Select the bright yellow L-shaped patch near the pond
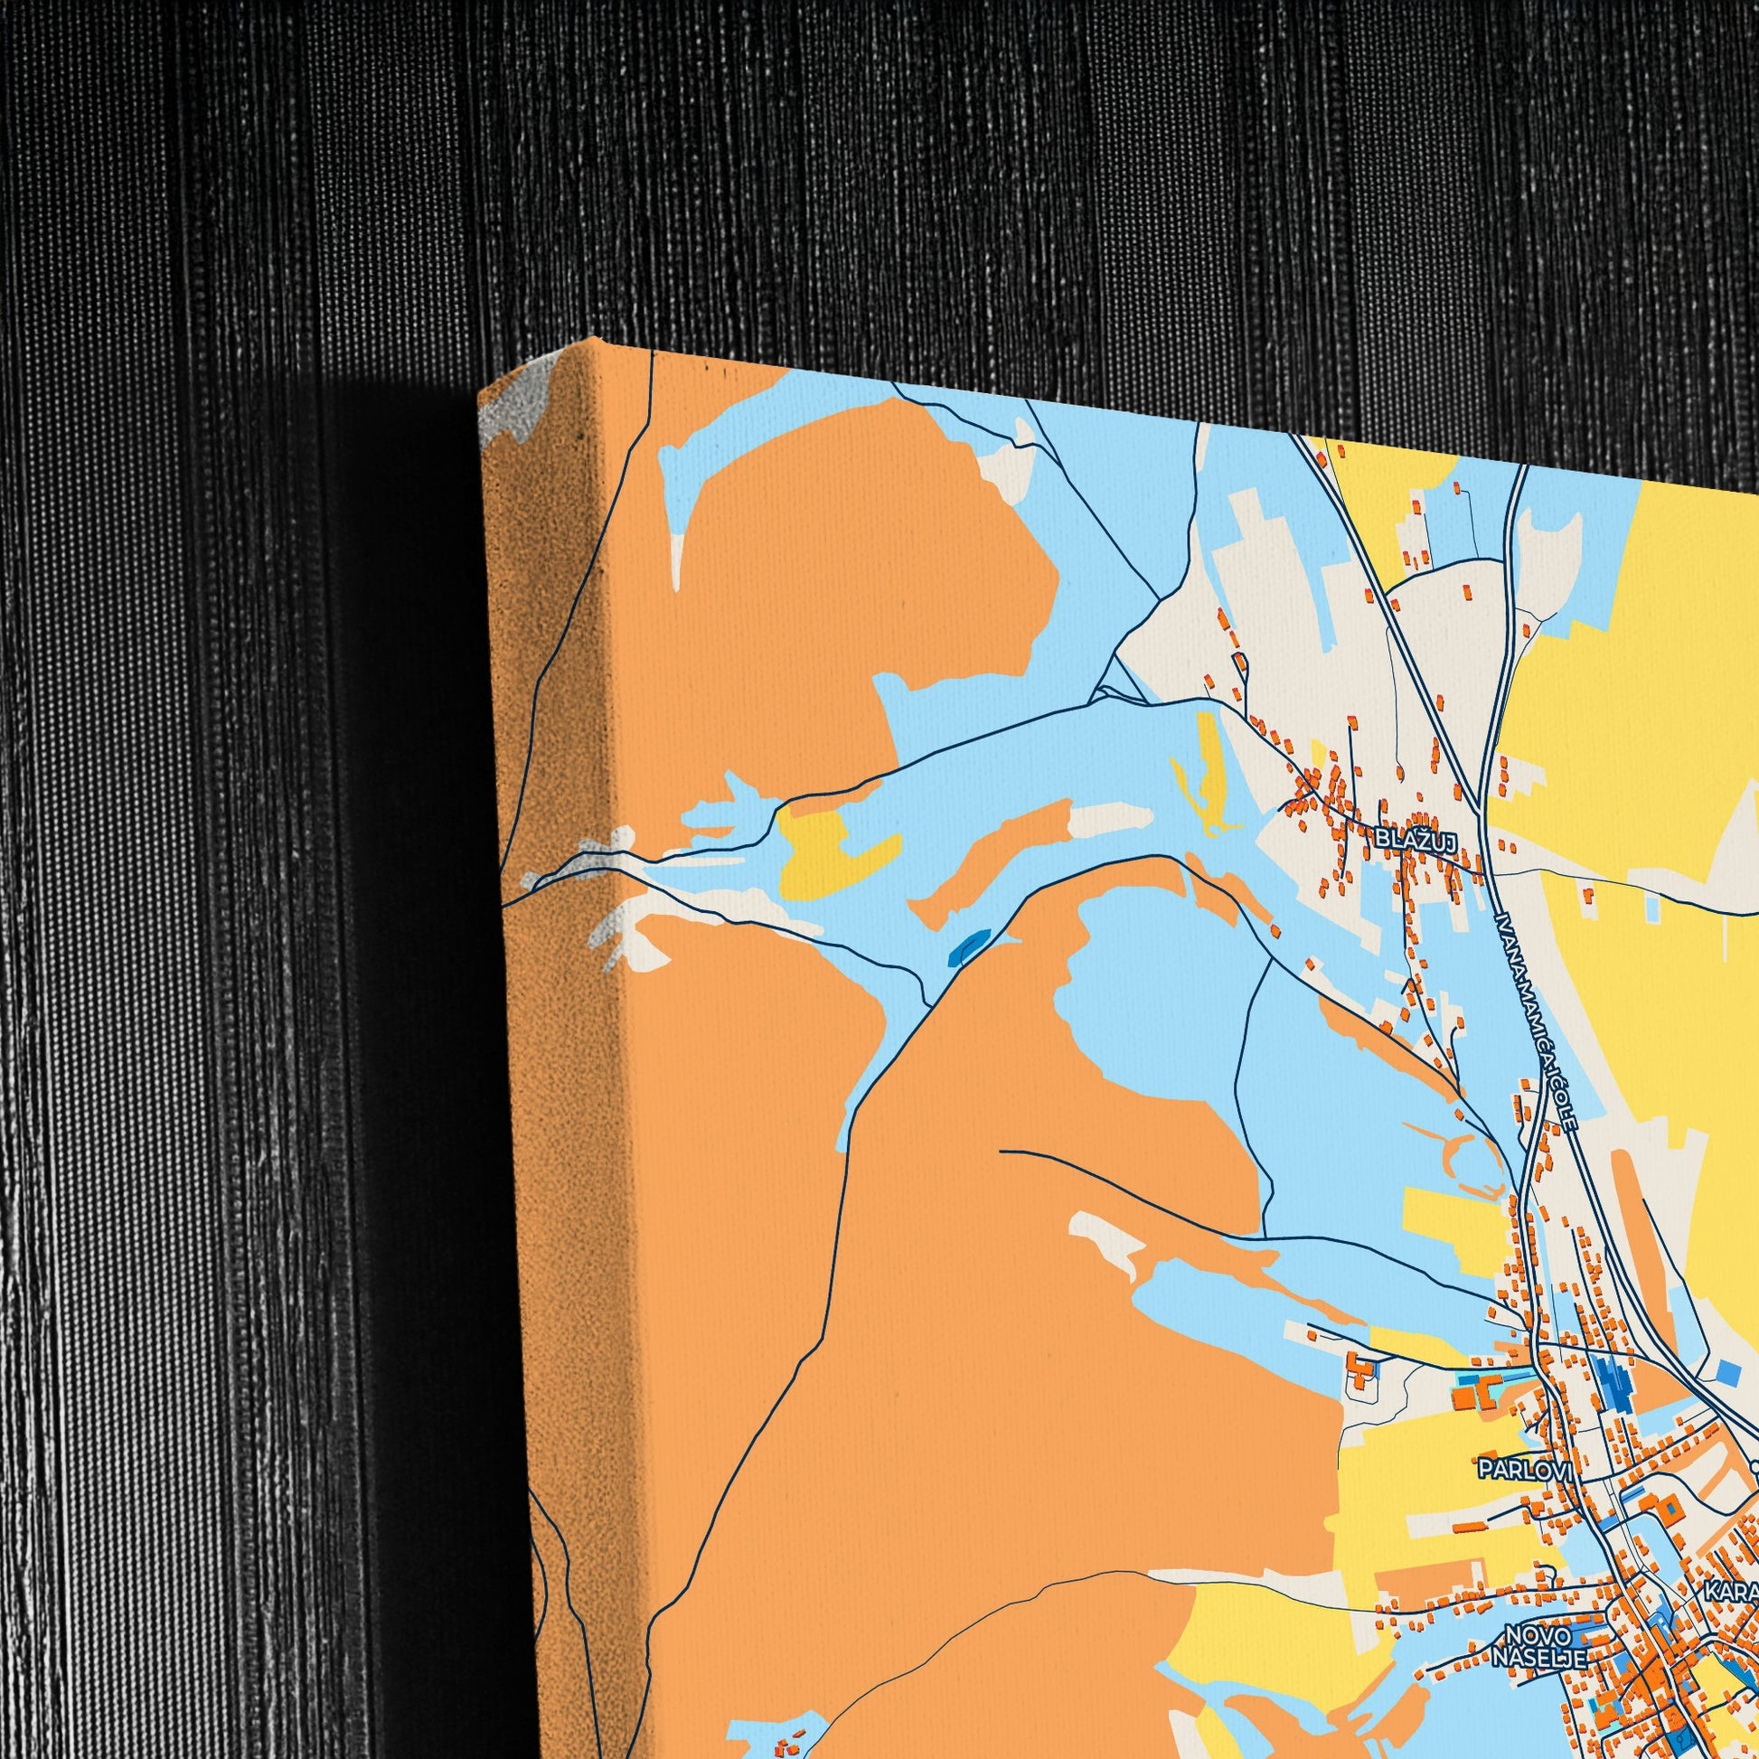click(829, 851)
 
